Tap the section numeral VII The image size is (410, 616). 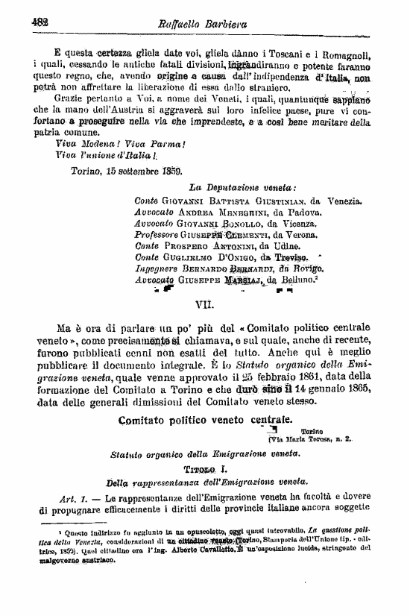tap(204, 304)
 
